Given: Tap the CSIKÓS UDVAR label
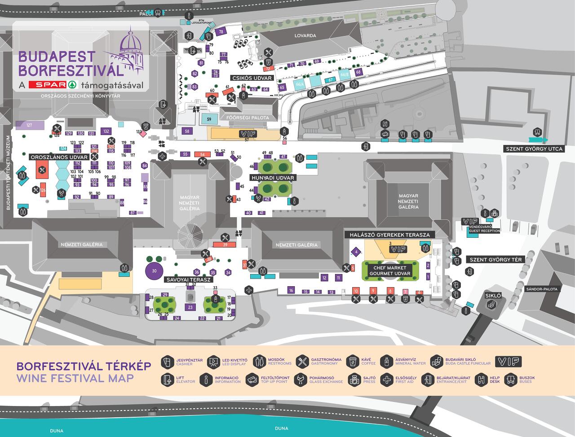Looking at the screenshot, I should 252,78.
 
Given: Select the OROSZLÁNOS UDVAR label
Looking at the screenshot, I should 59,157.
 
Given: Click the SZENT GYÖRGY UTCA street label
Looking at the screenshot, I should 534,149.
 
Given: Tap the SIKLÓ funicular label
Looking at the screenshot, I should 493,296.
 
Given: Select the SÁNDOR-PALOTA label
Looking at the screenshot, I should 542,289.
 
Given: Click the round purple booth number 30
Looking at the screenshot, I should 154,271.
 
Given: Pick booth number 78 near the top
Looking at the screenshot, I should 221,32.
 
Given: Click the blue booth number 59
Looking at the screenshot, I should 208,119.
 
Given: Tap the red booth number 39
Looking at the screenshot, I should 226,245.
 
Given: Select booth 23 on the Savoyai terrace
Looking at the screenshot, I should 190,307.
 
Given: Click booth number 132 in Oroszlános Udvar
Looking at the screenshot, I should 106,131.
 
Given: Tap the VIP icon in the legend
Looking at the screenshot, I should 509,362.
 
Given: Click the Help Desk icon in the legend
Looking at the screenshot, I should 482,380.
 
